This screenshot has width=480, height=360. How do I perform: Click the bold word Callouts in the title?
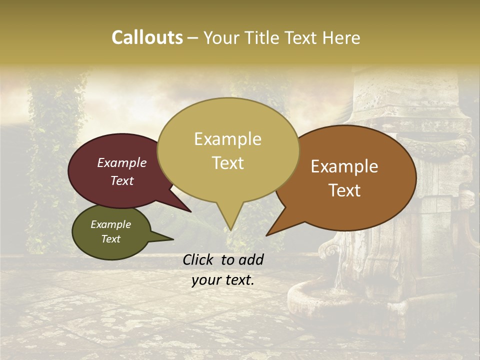tap(147, 37)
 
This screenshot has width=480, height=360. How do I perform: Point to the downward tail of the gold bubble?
tap(229, 220)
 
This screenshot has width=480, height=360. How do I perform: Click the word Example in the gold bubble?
tap(227, 139)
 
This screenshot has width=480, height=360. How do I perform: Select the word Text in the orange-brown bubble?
tap(344, 190)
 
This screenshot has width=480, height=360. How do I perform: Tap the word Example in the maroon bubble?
tap(121, 163)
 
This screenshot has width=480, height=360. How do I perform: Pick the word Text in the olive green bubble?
tap(110, 239)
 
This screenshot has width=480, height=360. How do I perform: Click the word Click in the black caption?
tap(198, 259)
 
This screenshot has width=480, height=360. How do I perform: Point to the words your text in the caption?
tap(223, 280)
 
